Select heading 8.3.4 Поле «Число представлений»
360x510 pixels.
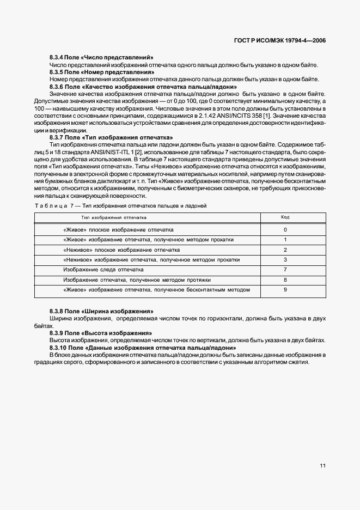101,58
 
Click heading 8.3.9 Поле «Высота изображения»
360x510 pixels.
100,332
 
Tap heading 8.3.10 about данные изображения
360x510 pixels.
142,347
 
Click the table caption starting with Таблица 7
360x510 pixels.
120,205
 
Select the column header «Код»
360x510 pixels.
285,217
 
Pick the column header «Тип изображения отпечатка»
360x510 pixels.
114,217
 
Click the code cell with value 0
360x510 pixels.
285,230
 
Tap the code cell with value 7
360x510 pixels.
285,270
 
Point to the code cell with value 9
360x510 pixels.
285,289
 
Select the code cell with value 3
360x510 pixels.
285,260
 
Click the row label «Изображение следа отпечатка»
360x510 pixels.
103,270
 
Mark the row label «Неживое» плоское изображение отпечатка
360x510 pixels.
121,250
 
